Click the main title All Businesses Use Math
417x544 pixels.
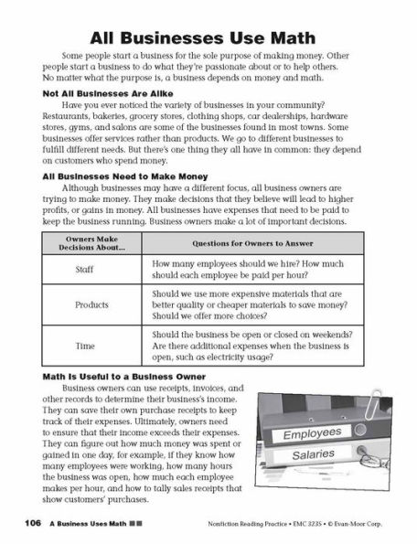click(208, 37)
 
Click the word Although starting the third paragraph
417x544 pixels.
click(81, 187)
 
